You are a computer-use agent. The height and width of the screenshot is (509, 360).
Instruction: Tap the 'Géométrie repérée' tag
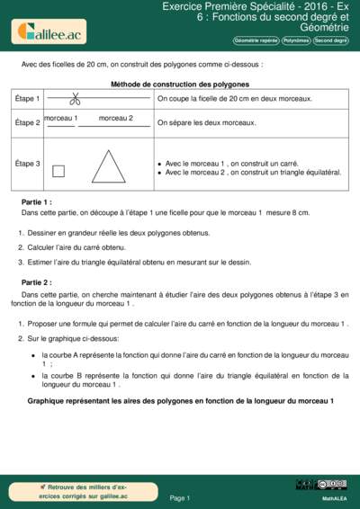click(255, 40)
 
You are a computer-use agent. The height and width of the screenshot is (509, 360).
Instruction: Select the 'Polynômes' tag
click(295, 40)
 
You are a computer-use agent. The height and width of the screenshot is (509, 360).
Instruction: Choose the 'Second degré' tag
click(330, 40)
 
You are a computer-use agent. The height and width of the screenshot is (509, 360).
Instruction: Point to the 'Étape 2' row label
click(28, 121)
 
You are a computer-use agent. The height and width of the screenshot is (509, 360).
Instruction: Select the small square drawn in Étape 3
click(58, 171)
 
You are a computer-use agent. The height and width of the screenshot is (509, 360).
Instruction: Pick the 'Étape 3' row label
click(28, 164)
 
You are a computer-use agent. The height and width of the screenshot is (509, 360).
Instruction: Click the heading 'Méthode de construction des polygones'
click(179, 83)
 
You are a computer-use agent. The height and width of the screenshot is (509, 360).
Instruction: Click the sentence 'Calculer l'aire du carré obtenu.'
click(76, 246)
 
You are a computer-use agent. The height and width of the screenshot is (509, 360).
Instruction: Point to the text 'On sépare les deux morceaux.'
click(206, 122)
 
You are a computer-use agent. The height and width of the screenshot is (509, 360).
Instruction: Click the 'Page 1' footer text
click(179, 497)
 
